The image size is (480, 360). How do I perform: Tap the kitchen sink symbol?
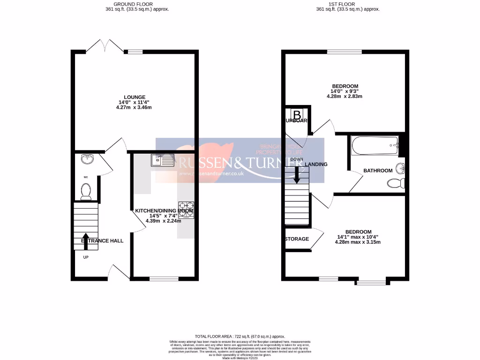point(162,160)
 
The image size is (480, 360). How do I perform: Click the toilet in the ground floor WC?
point(85,191)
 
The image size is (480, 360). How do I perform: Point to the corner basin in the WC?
point(87,159)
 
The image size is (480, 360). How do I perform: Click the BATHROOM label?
point(378,171)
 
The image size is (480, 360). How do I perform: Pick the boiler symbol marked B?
point(297,114)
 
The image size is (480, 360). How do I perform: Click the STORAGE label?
point(297,239)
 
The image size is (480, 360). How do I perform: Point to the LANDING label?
point(316,165)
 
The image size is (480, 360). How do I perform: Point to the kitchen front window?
point(164,279)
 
